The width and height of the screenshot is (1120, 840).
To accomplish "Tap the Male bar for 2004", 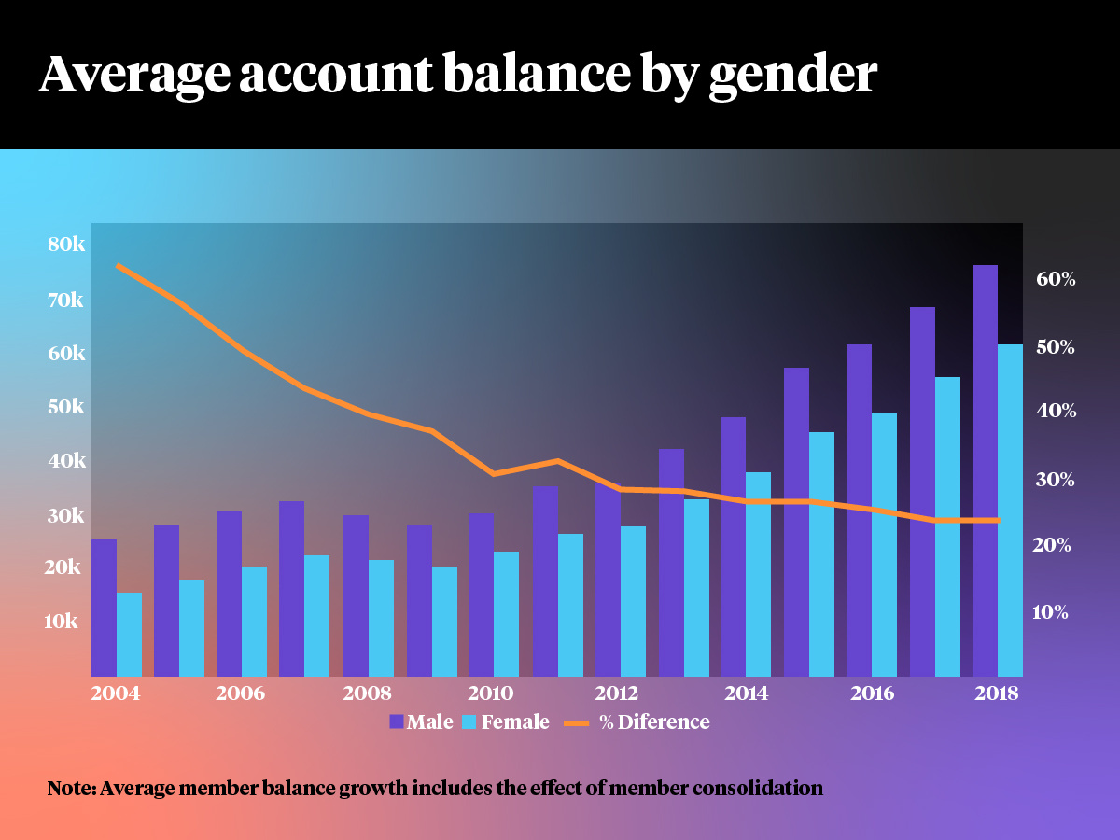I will [104, 608].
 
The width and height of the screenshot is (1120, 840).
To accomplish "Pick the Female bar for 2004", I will [129, 635].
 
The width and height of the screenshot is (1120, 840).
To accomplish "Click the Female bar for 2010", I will [506, 614].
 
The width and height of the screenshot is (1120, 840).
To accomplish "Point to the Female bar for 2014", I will [758, 574].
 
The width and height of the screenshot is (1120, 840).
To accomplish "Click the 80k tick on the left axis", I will [66, 245].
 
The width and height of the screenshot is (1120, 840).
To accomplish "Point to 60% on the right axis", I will [1055, 279].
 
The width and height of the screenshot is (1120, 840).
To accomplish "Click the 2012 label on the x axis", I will [616, 693].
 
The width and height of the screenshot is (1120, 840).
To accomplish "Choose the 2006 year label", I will [240, 693].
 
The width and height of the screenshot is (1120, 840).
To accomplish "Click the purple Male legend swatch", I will [396, 721].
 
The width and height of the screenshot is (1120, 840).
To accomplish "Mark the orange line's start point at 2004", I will [118, 265].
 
